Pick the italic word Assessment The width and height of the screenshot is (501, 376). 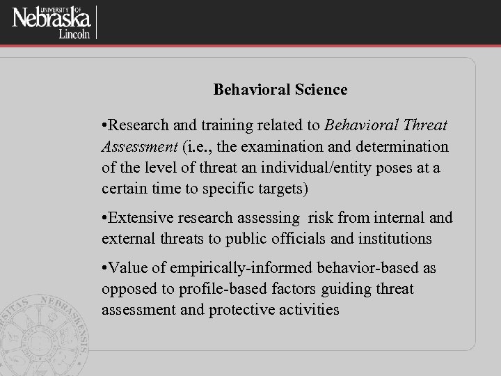pos(139,147)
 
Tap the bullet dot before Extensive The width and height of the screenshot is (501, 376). pos(104,218)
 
